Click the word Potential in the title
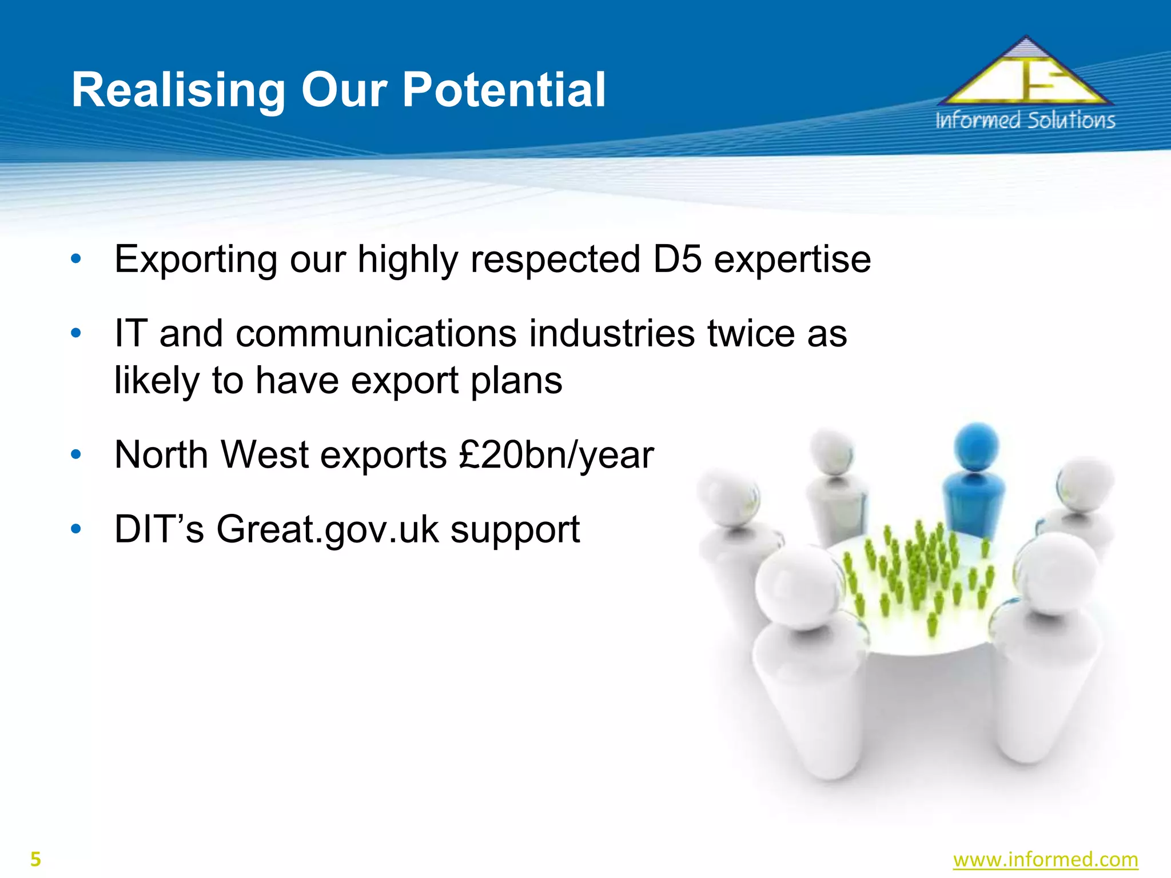504,90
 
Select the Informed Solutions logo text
1025,121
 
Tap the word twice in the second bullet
751,333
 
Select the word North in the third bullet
161,455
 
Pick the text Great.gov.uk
328,530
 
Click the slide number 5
35,859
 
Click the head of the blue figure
977,446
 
